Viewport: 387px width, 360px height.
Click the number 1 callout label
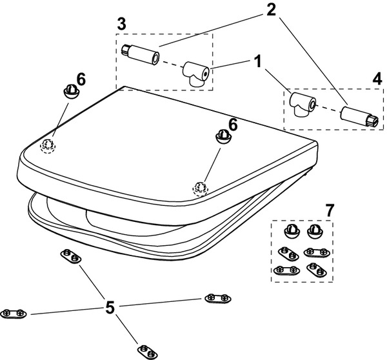(x=258, y=64)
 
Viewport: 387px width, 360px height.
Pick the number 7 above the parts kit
(x=330, y=210)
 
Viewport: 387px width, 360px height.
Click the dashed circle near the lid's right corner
(x=200, y=188)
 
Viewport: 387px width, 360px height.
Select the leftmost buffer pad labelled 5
(x=13, y=314)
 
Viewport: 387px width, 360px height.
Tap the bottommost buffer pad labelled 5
(x=148, y=352)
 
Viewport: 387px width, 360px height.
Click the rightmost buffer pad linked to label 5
(x=218, y=297)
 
